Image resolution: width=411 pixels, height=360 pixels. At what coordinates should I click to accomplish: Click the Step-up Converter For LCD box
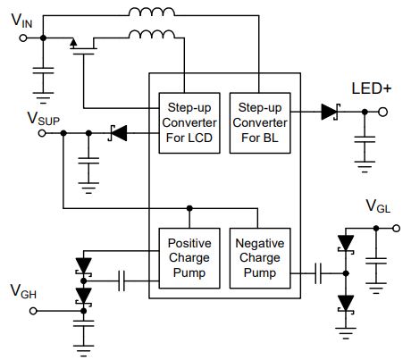[189, 123]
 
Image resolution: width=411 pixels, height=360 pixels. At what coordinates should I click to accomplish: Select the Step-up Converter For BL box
[260, 123]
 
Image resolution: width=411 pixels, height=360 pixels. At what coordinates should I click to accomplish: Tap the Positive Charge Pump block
[189, 258]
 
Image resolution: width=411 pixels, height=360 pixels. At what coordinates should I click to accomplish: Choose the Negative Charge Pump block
[260, 258]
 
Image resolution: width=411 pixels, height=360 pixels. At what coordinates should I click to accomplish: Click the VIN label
[21, 21]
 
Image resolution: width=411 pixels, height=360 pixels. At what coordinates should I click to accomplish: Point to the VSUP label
[44, 119]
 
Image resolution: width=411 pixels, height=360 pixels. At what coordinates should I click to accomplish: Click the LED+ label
[372, 88]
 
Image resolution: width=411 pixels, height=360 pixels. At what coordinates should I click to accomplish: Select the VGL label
[378, 206]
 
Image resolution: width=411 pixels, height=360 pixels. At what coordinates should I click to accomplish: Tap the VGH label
[23, 291]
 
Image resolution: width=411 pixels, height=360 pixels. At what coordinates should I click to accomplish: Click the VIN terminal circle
[23, 38]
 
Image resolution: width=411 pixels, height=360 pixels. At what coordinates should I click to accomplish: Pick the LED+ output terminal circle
[383, 112]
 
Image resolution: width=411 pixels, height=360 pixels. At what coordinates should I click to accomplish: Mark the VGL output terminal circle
[396, 229]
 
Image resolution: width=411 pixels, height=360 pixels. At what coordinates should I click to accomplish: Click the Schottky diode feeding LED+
[330, 112]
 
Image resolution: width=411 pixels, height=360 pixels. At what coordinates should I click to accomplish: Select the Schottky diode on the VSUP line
[118, 133]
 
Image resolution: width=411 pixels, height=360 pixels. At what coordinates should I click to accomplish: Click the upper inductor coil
[152, 12]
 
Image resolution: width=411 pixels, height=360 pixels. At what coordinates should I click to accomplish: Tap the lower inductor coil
[152, 34]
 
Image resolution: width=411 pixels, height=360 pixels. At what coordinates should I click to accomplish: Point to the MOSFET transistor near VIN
[83, 46]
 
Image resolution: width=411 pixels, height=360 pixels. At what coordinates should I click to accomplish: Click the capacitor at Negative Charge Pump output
[318, 273]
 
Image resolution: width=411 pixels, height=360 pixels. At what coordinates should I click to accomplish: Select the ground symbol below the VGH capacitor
[84, 350]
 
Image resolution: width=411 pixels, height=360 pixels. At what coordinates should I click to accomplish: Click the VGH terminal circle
[33, 311]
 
